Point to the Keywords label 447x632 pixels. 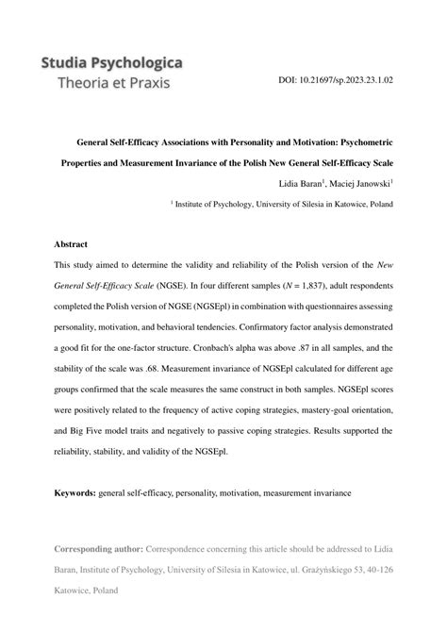(75, 492)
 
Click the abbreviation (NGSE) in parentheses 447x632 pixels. (169, 285)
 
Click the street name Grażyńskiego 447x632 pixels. (308, 570)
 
